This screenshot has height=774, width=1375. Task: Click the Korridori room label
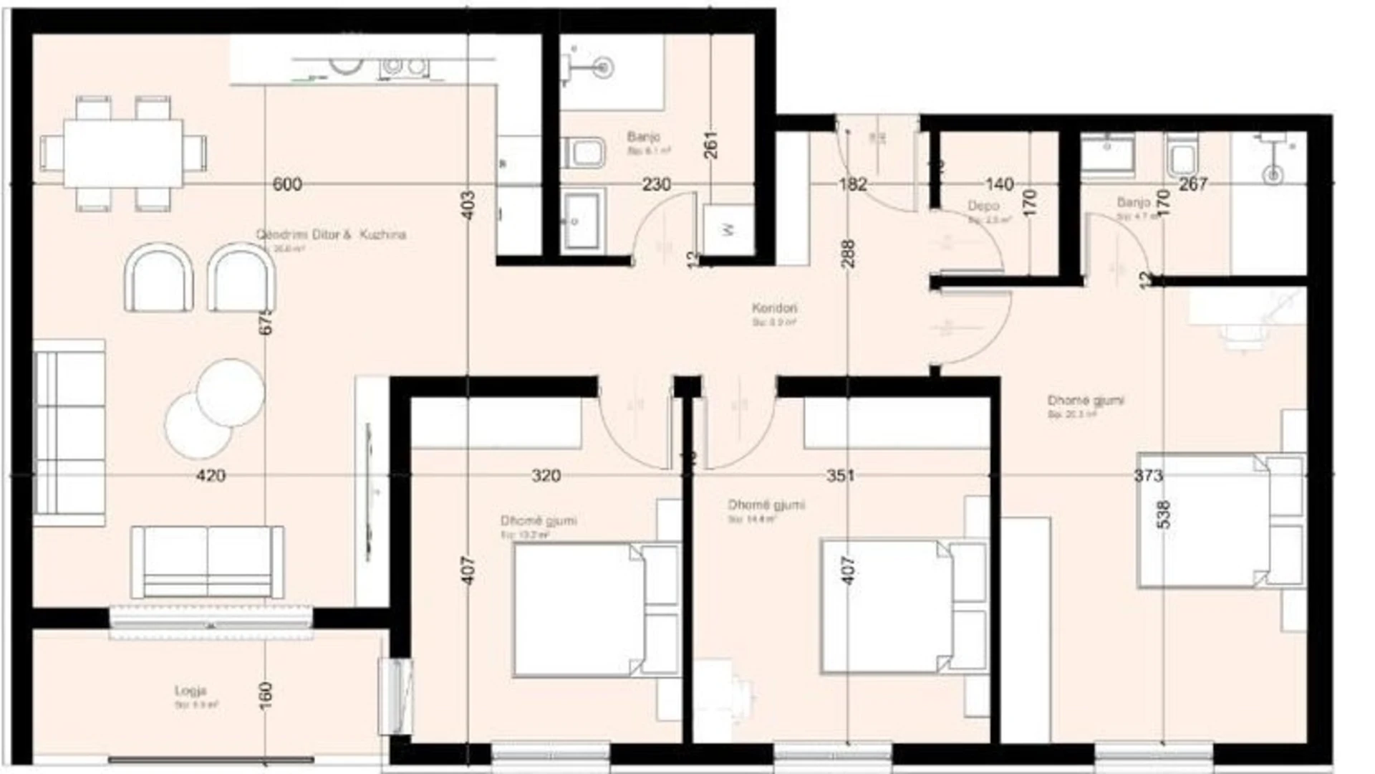coord(774,309)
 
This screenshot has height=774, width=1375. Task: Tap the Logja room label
coord(190,691)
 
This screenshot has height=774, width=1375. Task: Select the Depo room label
coord(983,206)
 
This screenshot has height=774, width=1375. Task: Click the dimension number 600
coord(286,185)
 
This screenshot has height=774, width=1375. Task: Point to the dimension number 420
coord(211,476)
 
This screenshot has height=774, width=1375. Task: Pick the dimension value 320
coord(546,476)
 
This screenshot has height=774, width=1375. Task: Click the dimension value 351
coord(840,476)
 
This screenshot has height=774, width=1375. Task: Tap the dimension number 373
coord(1148,476)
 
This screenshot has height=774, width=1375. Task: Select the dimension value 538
coord(1164,515)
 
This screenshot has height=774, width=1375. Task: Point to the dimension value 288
coord(849,254)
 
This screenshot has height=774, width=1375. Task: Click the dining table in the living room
coord(122,153)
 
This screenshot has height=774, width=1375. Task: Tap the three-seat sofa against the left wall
coord(69,432)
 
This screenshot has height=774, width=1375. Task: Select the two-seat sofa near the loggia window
coord(207,562)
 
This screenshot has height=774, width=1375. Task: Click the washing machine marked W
coord(728,229)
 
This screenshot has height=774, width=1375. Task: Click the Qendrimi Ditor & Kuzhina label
coord(331,235)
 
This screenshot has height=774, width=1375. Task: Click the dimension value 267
coord(1193,185)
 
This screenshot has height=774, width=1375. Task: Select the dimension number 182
coord(853,185)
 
